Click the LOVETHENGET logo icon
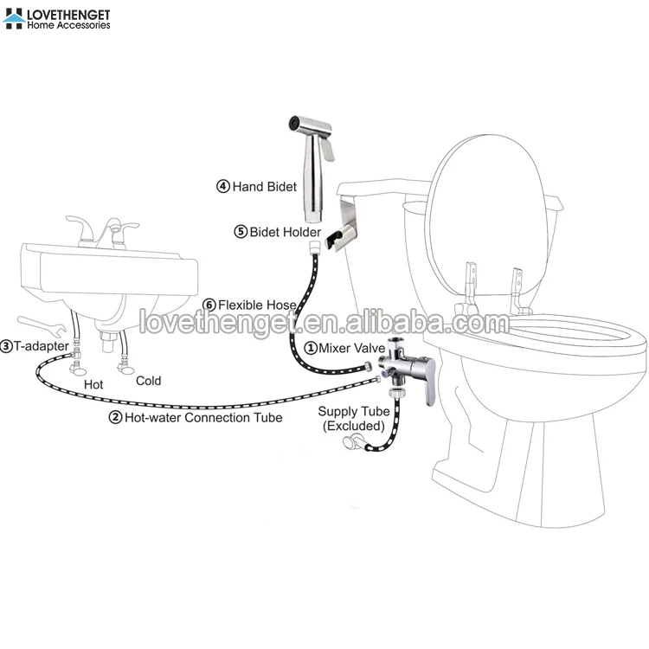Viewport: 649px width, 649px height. coord(15,18)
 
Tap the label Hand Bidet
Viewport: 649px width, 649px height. coord(265,186)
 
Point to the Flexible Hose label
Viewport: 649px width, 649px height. coord(257,305)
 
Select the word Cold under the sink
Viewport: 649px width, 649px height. coord(148,381)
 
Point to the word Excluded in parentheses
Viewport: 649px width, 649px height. coord(352,427)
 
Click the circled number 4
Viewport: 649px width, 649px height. coord(222,186)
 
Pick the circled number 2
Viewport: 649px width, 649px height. coord(115,417)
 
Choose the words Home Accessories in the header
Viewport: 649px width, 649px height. coord(69,26)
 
